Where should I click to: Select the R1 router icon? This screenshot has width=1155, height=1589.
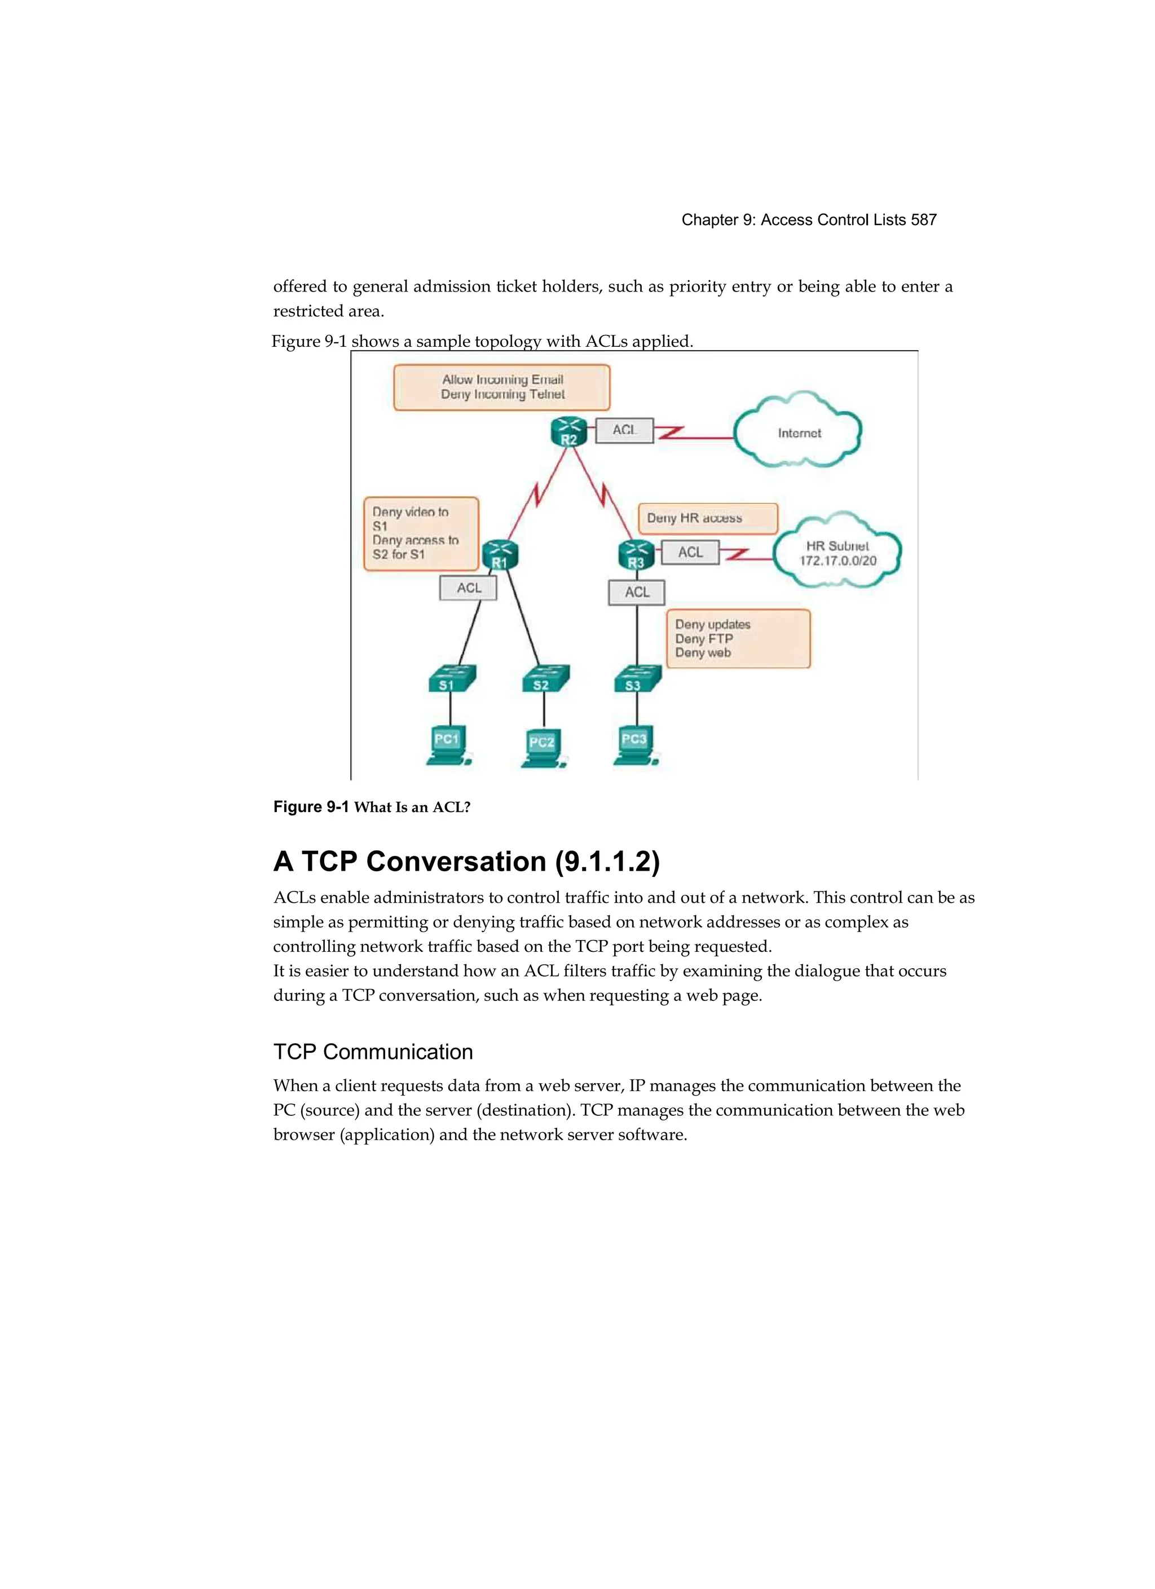(499, 555)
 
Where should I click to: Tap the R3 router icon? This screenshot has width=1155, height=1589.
(636, 555)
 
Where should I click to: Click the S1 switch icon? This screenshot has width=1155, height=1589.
(451, 679)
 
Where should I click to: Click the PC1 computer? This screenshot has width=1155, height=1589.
(447, 745)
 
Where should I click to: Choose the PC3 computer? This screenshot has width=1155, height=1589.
(635, 745)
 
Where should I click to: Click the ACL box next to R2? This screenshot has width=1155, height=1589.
(624, 430)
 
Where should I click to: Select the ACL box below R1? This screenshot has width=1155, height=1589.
(468, 588)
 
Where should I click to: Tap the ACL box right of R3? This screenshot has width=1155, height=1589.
(690, 552)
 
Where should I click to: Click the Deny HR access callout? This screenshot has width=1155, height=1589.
(707, 518)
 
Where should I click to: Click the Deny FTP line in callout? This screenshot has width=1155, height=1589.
(704, 638)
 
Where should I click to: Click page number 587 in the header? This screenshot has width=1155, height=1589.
(923, 220)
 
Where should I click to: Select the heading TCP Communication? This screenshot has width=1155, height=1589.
(373, 1052)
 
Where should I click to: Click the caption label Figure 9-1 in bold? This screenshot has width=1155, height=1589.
(311, 806)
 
